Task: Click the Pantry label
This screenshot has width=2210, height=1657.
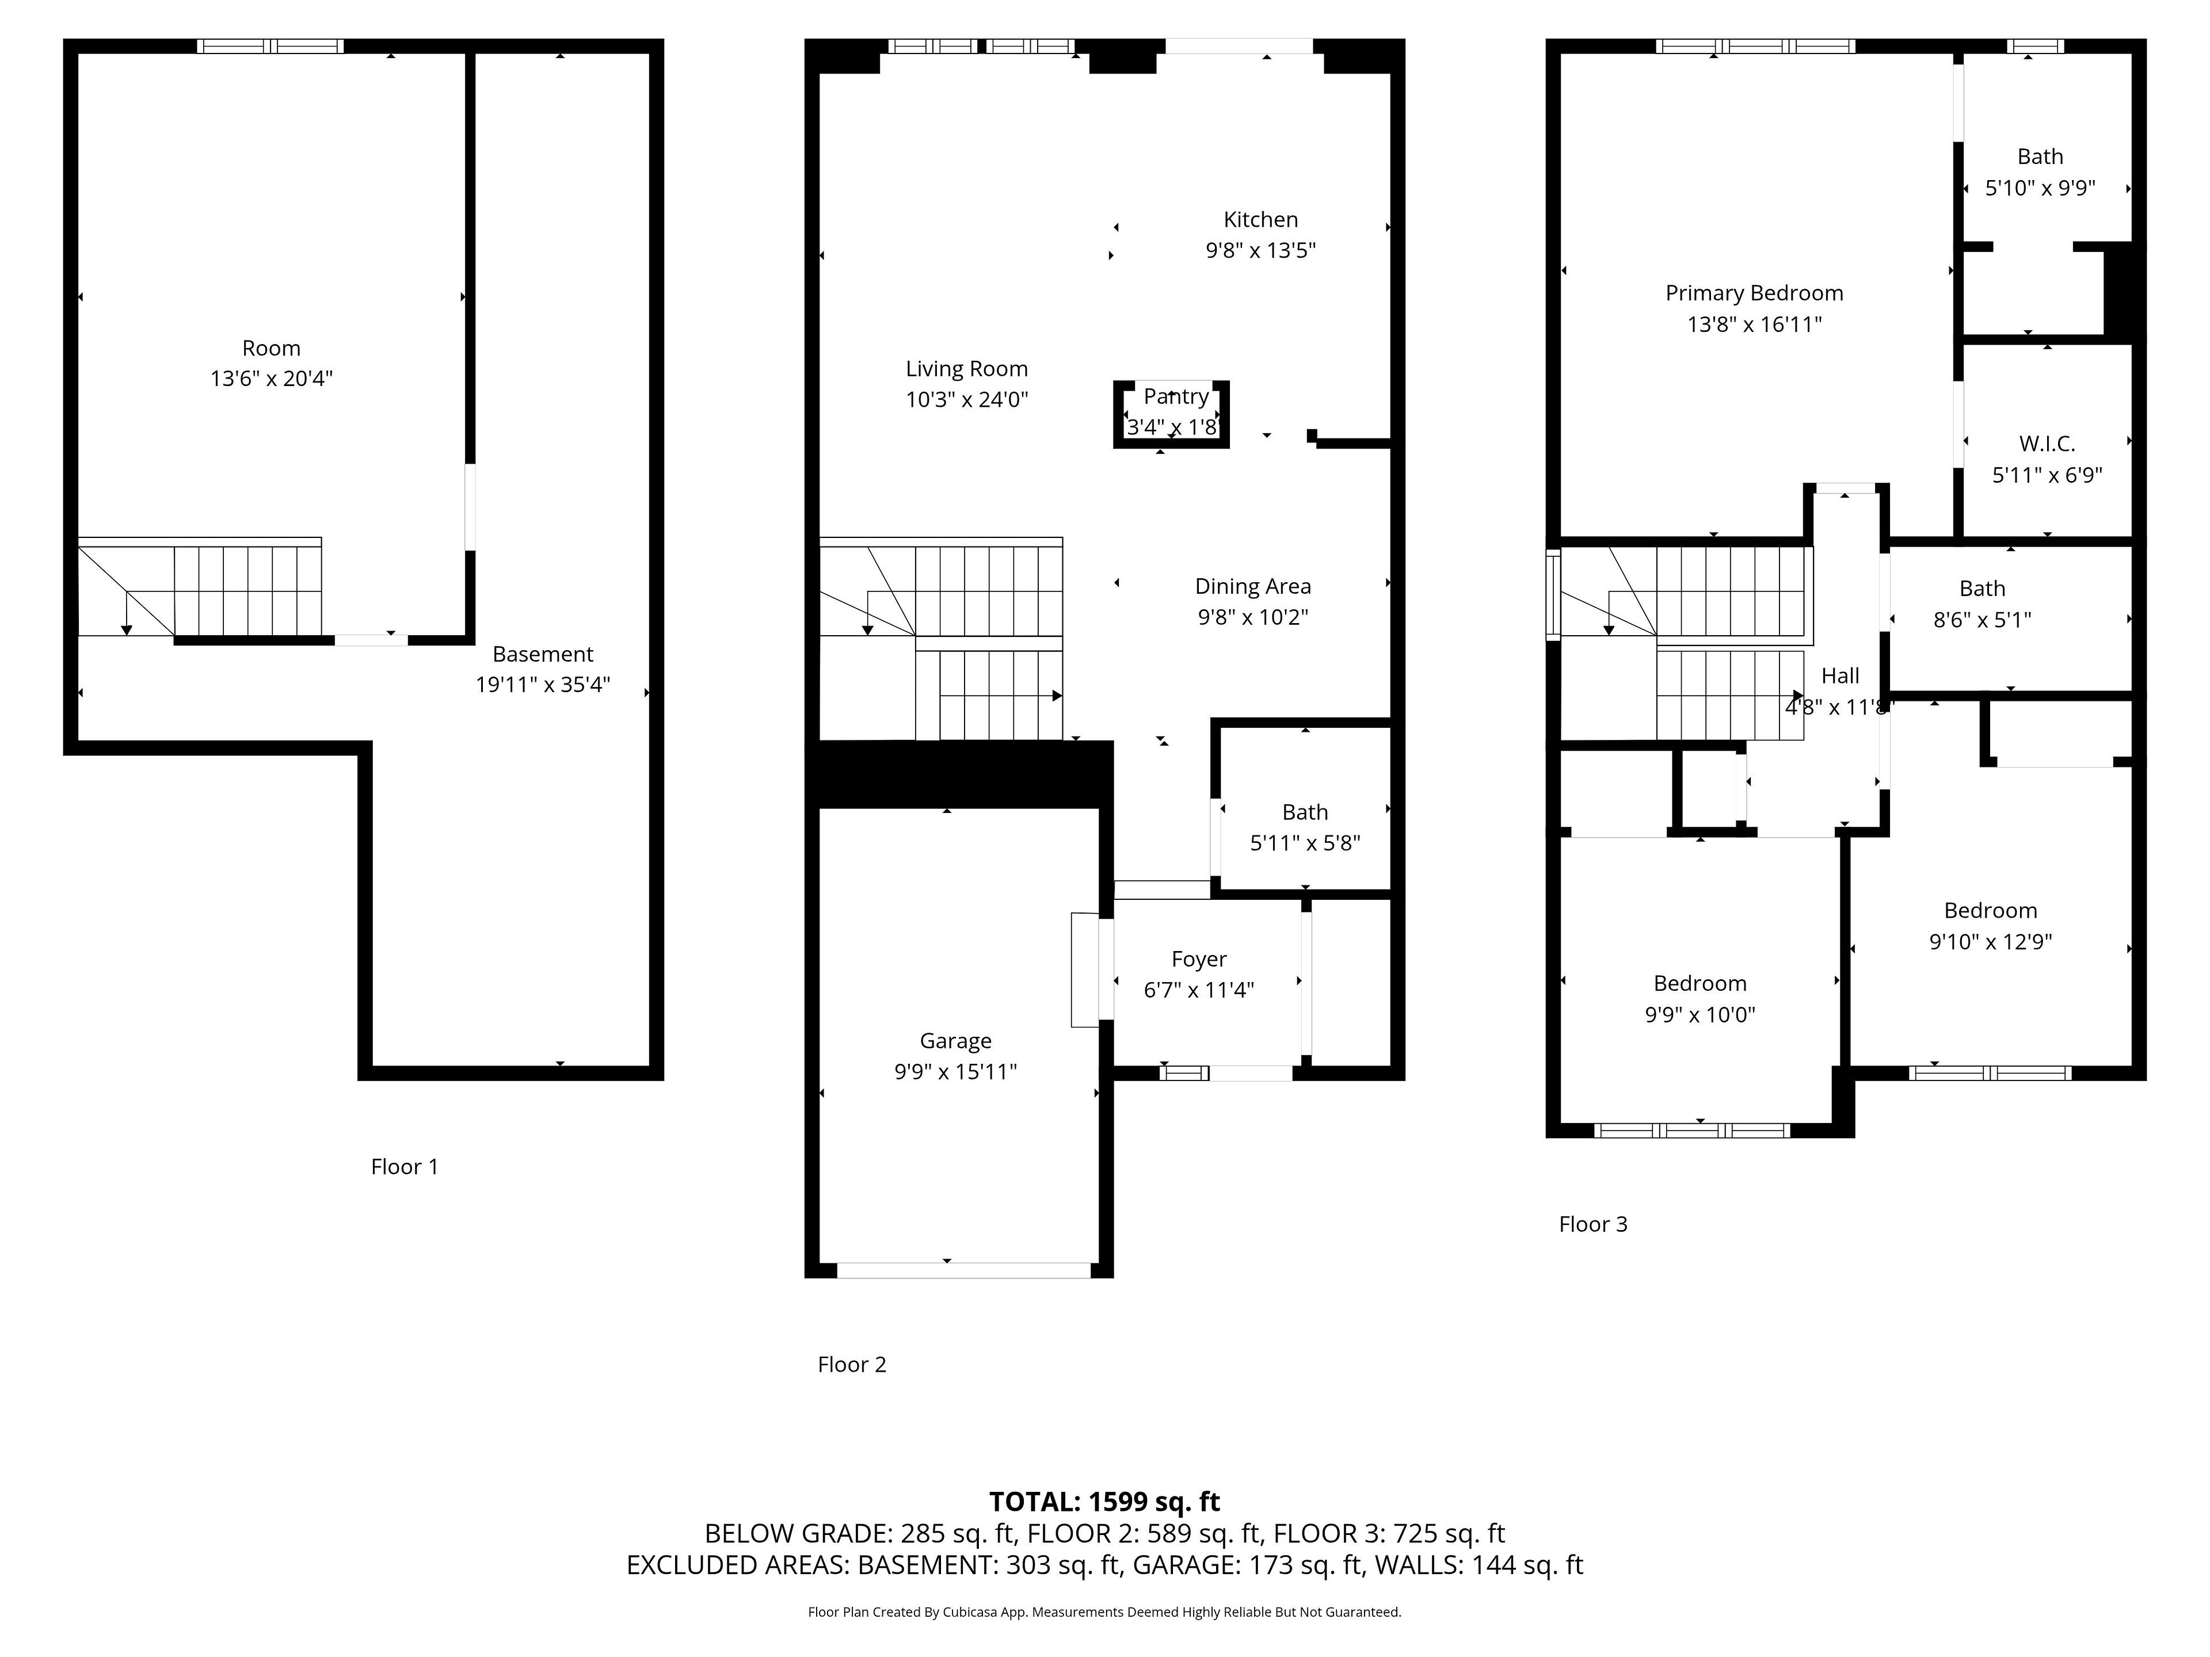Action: coord(1176,396)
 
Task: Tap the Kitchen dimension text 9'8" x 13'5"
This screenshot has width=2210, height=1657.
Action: coord(1261,251)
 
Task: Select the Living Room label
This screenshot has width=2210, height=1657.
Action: coord(966,369)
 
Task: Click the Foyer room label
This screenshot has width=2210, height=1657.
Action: coord(1199,960)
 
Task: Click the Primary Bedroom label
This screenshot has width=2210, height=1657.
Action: coord(1754,293)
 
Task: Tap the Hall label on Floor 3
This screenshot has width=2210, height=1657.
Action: coord(1841,675)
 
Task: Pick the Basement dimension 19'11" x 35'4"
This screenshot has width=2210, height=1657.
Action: coord(543,685)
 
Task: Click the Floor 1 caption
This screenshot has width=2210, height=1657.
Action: coord(405,1167)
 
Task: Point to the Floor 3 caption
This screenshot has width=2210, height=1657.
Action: coord(1594,1224)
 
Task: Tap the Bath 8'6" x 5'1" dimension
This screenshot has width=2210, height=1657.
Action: coord(1982,620)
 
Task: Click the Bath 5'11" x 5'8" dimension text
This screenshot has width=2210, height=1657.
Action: coord(1305,843)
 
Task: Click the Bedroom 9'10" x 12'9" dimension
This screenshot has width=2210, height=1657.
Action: coord(1990,942)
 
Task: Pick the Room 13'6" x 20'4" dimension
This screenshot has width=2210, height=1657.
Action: coord(270,379)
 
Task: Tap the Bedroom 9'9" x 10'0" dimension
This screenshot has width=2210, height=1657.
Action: coord(1700,1015)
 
